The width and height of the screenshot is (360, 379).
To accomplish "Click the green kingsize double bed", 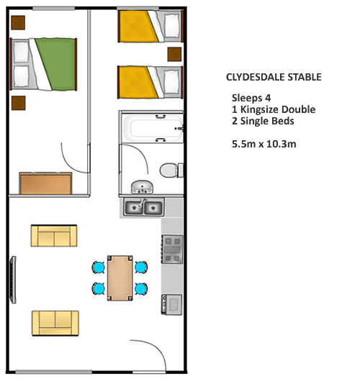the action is coord(43,64).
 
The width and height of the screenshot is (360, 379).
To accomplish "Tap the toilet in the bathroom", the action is coord(171,170).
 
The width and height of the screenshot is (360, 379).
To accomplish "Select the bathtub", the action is coord(152,127).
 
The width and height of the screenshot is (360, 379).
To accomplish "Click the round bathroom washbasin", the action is coord(142,186).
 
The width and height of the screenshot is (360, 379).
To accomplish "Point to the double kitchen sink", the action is coord(144,207).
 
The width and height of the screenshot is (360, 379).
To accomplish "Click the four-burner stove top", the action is coord(172,250).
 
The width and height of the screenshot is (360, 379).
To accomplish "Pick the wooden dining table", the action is coord(120,278).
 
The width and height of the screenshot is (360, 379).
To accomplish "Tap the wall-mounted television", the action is coord(13,280).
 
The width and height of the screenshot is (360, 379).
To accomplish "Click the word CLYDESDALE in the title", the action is coord(255,78).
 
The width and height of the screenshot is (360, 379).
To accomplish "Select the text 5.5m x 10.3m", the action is coord(264,144).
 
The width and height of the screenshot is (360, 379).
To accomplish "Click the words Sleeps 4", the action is coord(251,98).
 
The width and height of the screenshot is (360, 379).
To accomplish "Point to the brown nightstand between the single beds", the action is coord(174,55).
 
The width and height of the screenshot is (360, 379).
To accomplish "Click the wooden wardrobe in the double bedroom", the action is coord(45,183).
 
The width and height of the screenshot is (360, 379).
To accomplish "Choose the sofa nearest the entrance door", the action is coord(55,323).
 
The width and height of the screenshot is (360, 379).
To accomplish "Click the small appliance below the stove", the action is coord(172,304).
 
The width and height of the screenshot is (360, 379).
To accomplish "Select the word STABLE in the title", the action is coord(305,78).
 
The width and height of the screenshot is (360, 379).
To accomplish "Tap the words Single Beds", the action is coord(267,121).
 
